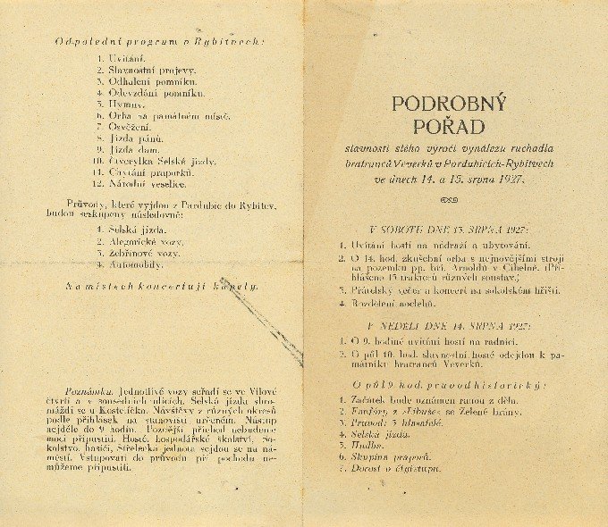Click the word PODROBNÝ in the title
point(449,105)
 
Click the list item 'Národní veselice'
point(147,184)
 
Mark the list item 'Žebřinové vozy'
point(147,253)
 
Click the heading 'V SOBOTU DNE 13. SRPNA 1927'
point(447,229)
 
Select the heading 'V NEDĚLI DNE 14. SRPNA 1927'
point(448,326)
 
